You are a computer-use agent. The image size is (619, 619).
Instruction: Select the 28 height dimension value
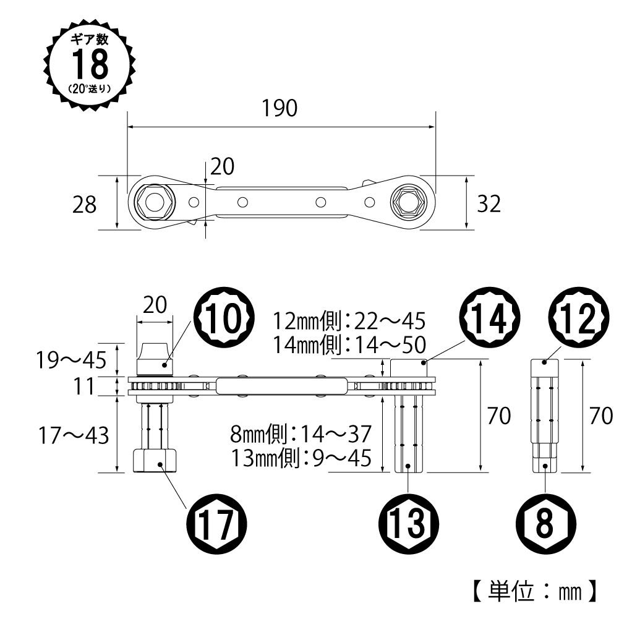click(84, 205)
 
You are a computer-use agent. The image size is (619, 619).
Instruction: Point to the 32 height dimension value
click(489, 203)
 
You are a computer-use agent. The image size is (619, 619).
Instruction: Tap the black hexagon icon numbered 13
click(409, 524)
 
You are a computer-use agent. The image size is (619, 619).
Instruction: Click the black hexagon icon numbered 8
click(544, 524)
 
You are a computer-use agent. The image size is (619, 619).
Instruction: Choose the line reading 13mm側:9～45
click(301, 458)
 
